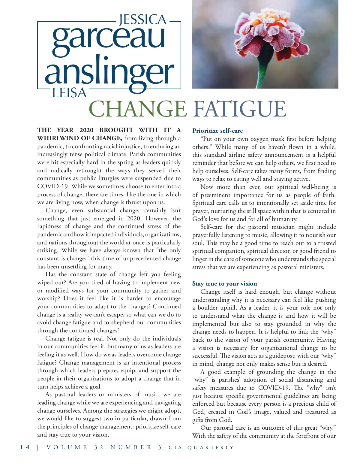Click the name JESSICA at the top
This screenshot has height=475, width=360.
143,20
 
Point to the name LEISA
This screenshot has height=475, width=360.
69,93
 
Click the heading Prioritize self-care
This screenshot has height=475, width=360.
217,131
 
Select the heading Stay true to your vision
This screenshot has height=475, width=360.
224,283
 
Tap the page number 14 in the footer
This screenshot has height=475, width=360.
25,447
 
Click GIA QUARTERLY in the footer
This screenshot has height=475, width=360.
201,448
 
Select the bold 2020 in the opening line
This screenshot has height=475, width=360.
86,130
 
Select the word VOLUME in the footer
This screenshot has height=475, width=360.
67,447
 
